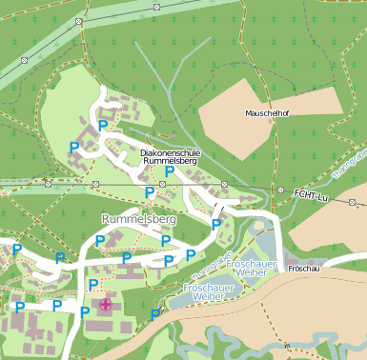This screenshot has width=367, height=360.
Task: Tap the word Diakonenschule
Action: pyautogui.click(x=171, y=152)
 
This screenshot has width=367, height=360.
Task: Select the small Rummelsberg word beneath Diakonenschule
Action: pyautogui.click(x=171, y=162)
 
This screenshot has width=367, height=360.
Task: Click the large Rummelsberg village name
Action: pyautogui.click(x=138, y=219)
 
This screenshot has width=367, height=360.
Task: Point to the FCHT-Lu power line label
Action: pyautogui.click(x=311, y=195)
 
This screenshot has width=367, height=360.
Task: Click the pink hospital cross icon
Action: pyautogui.click(x=105, y=307)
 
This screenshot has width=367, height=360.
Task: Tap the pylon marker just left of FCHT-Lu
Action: pyautogui.click(x=281, y=190)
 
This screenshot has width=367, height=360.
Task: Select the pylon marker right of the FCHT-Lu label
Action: pyautogui.click(x=352, y=202)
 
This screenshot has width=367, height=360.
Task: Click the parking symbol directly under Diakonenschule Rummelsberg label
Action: pyautogui.click(x=170, y=172)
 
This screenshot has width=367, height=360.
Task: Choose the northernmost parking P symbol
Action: pyautogui.click(x=103, y=126)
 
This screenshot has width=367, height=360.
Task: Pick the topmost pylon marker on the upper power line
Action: pyautogui.click(x=156, y=7)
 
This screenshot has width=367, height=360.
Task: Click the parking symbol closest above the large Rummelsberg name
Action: pyautogui.click(x=149, y=192)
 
